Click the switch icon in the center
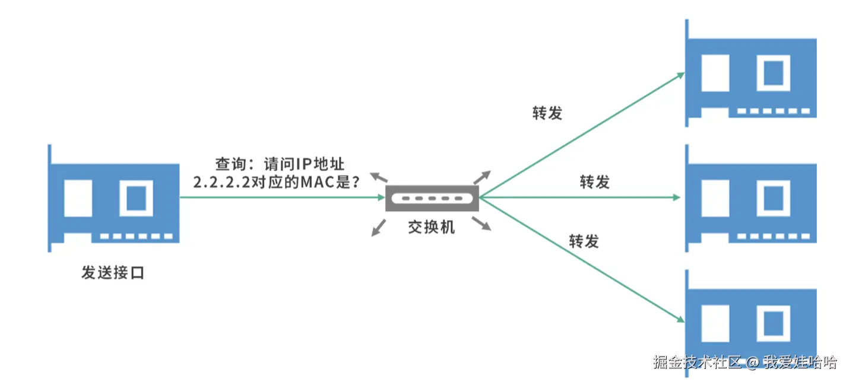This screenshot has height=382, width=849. pos(432,198)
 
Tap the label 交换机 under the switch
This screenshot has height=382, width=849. pos(432,227)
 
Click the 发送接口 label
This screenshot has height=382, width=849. pos(113,273)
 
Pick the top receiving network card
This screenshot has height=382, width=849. pos(751,74)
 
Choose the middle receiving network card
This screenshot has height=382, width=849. pos(751,199)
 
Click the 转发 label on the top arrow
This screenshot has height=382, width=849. pos(547,113)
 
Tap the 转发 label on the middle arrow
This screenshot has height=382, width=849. pos(594,182)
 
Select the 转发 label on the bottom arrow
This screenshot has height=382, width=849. pos(584,241)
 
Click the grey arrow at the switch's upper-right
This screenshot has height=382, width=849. pos(482,176)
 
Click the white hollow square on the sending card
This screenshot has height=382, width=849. pos(136,198)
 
